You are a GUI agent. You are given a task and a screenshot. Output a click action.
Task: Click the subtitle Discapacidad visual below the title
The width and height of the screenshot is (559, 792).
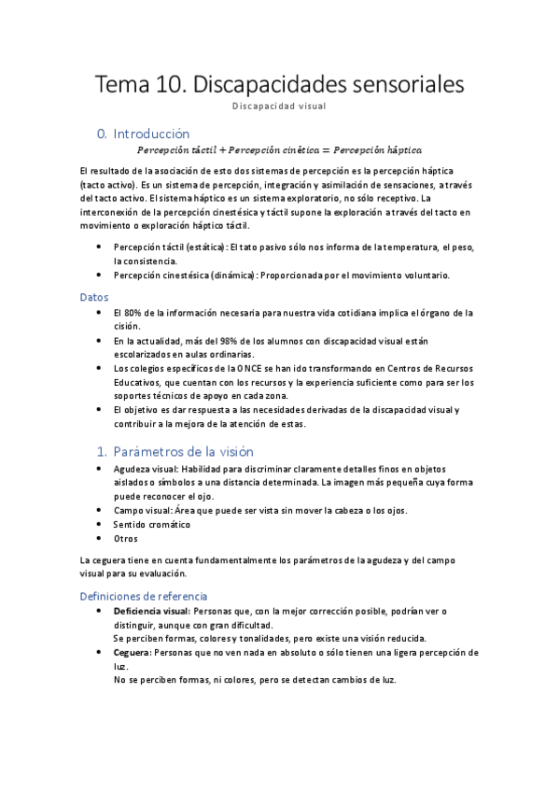tap(279, 106)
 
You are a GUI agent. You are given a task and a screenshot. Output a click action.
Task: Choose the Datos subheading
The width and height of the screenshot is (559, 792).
tap(94, 296)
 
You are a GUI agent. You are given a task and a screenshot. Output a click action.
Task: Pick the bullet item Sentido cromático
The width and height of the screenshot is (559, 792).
tap(151, 524)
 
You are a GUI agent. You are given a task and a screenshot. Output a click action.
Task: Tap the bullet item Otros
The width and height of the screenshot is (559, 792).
tap(125, 538)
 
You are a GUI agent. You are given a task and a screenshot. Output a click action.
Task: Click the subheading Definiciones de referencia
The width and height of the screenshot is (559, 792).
tap(144, 595)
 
